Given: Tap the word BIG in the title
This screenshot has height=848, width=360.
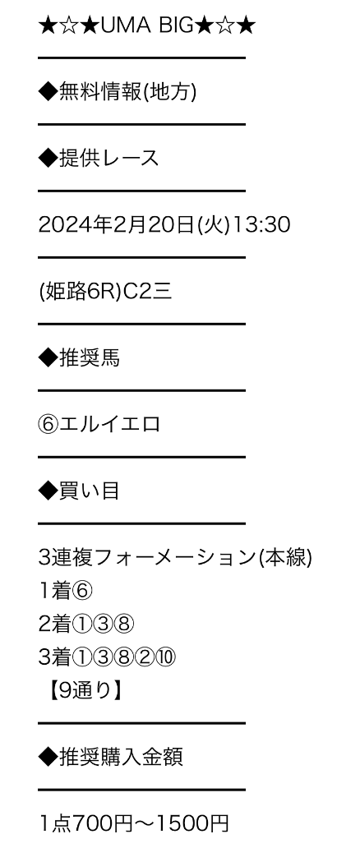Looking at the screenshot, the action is (x=176, y=25).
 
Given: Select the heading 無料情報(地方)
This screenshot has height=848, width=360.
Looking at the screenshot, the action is (x=127, y=91).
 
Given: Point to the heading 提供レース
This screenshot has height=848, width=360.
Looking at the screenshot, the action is (x=108, y=158).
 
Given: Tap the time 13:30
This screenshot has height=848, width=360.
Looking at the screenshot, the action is (x=261, y=224).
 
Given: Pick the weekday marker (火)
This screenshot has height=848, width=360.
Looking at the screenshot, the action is (x=214, y=224).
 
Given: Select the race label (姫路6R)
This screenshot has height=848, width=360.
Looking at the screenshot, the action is (x=81, y=291).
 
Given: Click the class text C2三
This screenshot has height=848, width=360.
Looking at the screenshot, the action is (x=148, y=291).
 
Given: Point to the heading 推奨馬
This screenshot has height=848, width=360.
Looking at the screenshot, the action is (x=90, y=357).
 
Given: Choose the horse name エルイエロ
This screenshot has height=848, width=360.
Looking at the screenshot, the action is (x=110, y=424).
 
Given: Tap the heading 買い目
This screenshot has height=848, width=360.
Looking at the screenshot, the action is (x=90, y=491).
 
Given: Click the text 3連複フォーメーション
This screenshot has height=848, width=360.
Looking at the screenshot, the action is (x=147, y=558).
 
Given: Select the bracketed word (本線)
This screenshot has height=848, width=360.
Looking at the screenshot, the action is (x=285, y=558).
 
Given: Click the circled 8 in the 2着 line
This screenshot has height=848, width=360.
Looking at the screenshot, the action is (x=124, y=624).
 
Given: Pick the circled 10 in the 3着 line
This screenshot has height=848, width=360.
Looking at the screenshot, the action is (x=166, y=657).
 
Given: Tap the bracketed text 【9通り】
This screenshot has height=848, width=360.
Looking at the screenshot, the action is (x=83, y=690).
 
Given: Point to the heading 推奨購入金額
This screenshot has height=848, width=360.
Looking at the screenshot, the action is (x=121, y=757).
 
